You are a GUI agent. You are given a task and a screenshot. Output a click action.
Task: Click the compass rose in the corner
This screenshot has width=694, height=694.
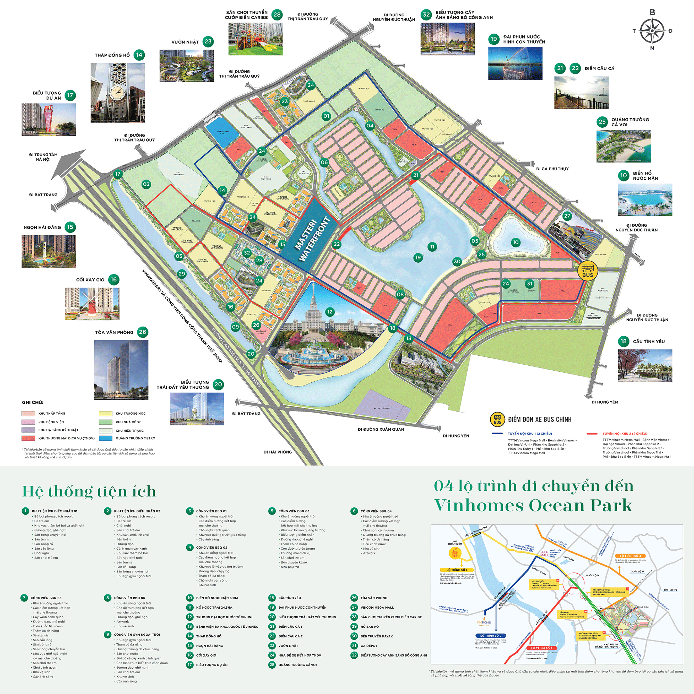(652, 31)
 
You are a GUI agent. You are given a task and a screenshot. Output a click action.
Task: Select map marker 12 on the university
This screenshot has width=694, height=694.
(330, 312)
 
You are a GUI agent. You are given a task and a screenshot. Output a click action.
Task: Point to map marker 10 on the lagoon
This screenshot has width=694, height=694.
(516, 242)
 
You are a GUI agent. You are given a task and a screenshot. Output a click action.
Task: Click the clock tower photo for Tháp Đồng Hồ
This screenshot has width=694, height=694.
(118, 93)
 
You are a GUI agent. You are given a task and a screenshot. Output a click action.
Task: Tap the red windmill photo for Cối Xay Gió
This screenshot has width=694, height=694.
(92, 304)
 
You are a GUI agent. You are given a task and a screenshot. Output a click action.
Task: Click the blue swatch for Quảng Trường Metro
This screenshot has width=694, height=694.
(105, 438)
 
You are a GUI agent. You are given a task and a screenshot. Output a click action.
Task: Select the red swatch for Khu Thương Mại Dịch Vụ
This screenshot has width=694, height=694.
(28, 438)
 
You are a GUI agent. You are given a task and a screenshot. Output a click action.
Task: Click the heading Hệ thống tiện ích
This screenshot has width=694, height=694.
(89, 491)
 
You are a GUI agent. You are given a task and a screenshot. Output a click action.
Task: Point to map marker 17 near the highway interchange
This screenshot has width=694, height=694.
(118, 174)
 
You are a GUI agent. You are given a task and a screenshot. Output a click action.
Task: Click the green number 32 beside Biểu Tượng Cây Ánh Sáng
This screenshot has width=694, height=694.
(426, 15)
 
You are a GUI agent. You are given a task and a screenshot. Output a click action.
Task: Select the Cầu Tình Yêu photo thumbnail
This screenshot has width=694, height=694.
(645, 365)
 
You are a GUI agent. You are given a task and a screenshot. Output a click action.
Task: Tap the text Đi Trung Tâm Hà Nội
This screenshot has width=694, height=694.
(43, 157)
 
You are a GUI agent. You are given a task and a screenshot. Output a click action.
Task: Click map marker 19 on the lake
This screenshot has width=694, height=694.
(418, 257)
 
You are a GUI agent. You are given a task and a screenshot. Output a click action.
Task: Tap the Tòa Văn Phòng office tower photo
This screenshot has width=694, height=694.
(121, 370)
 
